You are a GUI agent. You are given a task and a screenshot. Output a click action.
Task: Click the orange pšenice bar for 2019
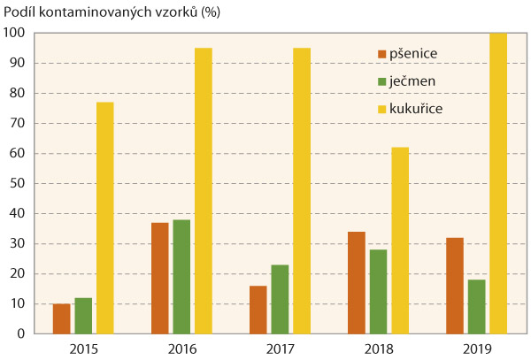[455, 286]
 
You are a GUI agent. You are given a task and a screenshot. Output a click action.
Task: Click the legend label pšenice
[414, 54]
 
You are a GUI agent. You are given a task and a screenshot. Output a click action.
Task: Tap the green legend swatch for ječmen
[382, 81]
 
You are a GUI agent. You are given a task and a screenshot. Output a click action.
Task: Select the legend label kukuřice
[418, 108]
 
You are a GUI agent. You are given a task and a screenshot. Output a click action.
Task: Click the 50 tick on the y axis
[19, 183]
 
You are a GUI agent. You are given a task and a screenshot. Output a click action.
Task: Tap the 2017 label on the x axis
[280, 348]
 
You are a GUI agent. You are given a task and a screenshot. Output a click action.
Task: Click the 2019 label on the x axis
[476, 348]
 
